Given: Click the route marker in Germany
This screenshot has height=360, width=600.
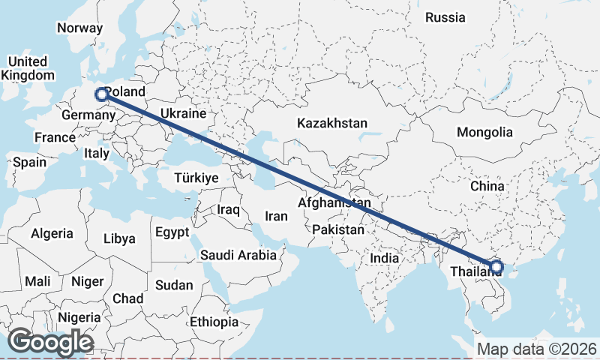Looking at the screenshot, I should coord(101,94).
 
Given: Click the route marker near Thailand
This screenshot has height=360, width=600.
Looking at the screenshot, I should coord(496,266).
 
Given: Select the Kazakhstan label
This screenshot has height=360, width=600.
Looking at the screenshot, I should coord(331,123).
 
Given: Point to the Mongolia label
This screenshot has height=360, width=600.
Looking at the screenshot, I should coord(484,133).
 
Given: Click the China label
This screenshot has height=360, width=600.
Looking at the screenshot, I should coord(487,185).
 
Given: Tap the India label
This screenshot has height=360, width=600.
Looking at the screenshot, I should coord(385,258).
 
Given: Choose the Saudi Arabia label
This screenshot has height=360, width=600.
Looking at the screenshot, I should coord(238,255).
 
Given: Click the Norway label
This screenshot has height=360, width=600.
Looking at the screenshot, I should coord(79,28).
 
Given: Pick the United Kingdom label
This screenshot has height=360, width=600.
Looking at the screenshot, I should coord(28,68).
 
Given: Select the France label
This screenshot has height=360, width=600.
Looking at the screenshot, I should coord(55,137).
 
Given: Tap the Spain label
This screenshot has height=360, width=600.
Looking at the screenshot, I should coord(29,162).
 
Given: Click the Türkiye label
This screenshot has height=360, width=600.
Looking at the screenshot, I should coord(196,178).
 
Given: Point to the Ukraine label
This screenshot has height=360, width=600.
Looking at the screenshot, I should coord(182,114).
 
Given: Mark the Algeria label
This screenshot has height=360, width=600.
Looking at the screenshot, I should coord(52,234).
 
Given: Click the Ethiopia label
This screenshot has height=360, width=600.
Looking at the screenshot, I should coord(214,322).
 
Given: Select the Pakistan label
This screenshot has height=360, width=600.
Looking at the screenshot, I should coord(338,229).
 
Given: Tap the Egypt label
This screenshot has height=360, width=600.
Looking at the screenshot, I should coord(172,232).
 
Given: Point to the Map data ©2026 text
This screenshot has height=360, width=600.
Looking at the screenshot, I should coord(537,349).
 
